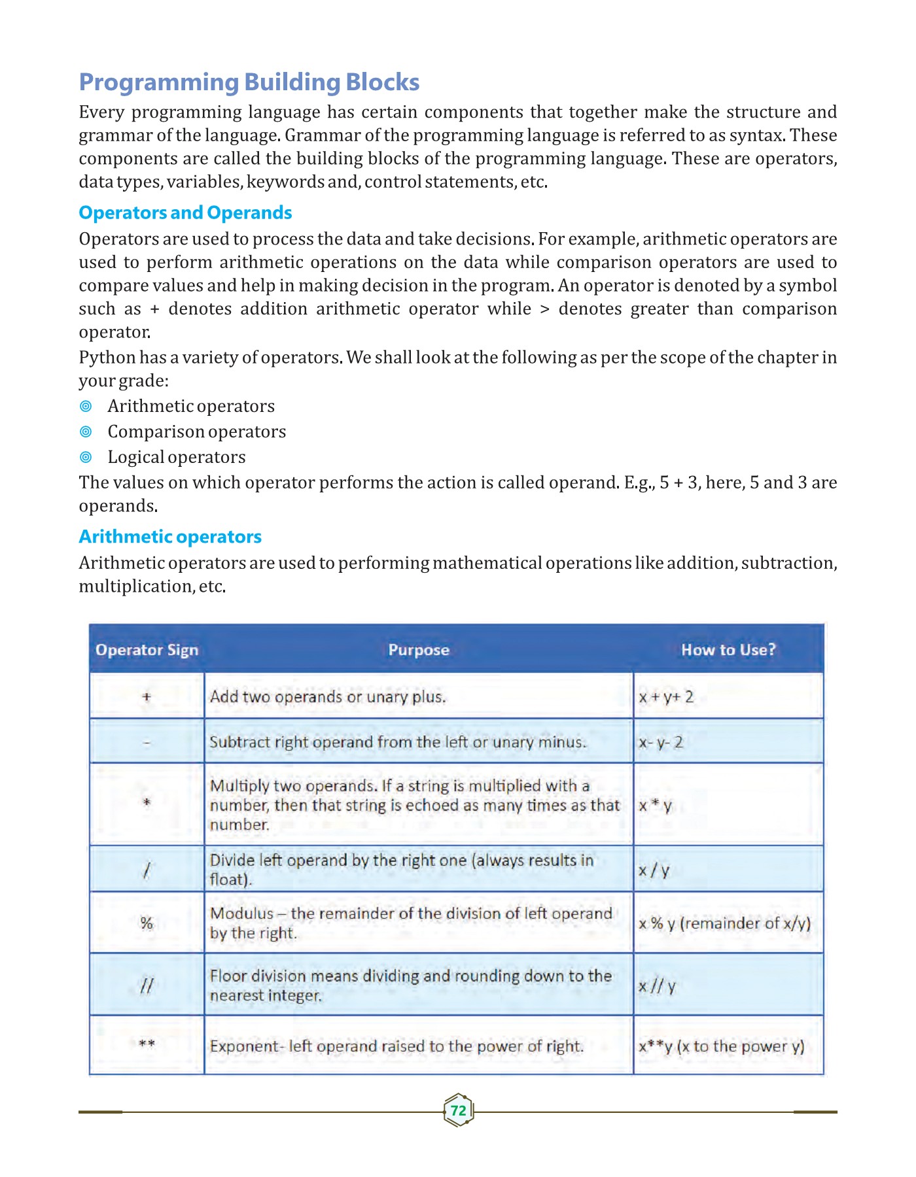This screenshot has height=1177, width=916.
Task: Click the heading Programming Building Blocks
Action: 249,82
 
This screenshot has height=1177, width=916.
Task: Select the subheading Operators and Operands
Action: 185,213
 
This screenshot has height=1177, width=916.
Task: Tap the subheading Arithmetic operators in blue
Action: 170,536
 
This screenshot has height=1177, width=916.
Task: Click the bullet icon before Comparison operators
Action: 86,432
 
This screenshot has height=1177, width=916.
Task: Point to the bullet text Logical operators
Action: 177,457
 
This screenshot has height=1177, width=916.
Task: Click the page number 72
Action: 458,1110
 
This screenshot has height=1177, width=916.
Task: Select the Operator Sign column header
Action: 147,650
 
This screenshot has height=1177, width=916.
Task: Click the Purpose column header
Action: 419,650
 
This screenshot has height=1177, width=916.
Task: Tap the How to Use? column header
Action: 728,650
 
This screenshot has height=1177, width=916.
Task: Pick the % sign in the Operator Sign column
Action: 147,923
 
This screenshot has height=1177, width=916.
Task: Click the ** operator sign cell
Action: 147,1044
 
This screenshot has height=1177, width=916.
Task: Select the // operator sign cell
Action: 147,985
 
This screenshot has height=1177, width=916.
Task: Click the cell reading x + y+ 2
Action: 666,697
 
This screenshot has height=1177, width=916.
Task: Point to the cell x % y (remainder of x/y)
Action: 724,923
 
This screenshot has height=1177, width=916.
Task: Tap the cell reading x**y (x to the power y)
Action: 721,1046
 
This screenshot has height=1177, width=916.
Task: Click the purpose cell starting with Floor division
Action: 411,985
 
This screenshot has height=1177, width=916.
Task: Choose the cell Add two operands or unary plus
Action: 328,697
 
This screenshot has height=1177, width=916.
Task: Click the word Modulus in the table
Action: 241,913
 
